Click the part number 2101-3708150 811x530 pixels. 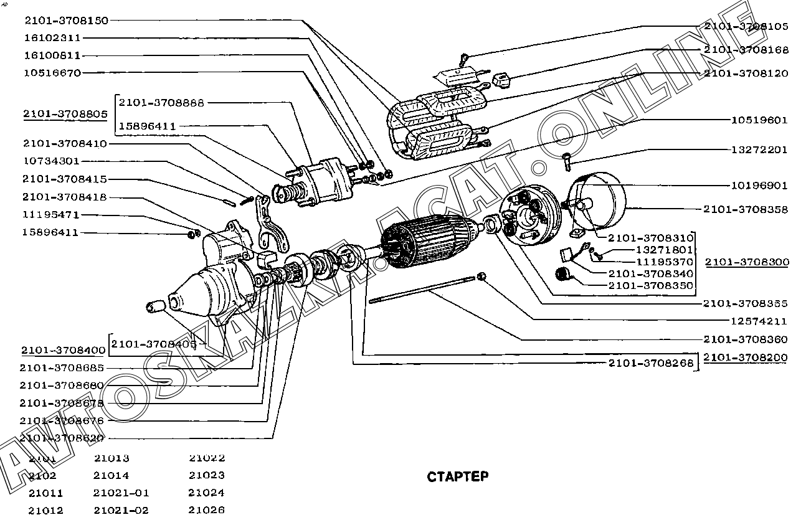pyautogui.click(x=66, y=20)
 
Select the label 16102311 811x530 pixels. pyautogui.click(x=53, y=38)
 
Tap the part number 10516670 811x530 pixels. pyautogui.click(x=53, y=73)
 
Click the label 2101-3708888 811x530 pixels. pyautogui.click(x=161, y=102)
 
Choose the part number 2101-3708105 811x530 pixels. pyautogui.click(x=746, y=26)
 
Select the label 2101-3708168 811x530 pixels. pyautogui.click(x=746, y=50)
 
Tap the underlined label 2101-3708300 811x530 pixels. pyautogui.click(x=747, y=262)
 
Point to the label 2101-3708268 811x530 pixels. pyautogui.click(x=651, y=362)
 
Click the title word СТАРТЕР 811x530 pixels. pyautogui.click(x=458, y=477)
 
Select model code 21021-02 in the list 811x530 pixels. pyautogui.click(x=121, y=510)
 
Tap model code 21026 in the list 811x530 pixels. pyautogui.click(x=206, y=510)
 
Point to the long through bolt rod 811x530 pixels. pyautogui.click(x=424, y=291)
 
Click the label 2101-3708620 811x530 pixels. pyautogui.click(x=62, y=438)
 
